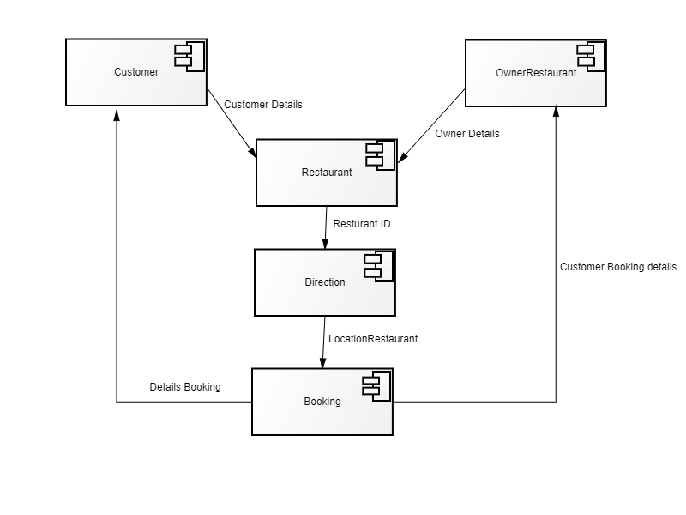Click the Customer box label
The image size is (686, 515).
click(136, 72)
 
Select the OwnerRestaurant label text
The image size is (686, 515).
click(536, 73)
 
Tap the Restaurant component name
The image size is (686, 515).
click(327, 173)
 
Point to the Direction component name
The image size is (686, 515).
click(325, 282)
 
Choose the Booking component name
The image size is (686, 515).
click(322, 401)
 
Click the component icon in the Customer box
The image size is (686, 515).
click(190, 57)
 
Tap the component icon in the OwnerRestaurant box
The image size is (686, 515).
click(591, 57)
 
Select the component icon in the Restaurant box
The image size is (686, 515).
click(381, 155)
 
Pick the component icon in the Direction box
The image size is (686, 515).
click(379, 266)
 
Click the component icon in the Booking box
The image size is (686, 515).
click(376, 385)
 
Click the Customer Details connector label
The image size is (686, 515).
click(263, 105)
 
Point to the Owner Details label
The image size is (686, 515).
click(467, 134)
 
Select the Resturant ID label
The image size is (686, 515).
click(362, 224)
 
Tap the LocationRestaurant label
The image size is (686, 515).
click(373, 339)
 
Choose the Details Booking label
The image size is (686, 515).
click(185, 387)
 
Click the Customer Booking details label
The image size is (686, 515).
click(618, 267)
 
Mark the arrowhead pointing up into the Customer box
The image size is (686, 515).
click(117, 114)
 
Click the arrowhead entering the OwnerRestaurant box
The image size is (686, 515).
click(556, 112)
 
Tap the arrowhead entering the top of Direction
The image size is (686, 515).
click(325, 244)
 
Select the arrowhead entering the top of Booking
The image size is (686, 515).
click(323, 363)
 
